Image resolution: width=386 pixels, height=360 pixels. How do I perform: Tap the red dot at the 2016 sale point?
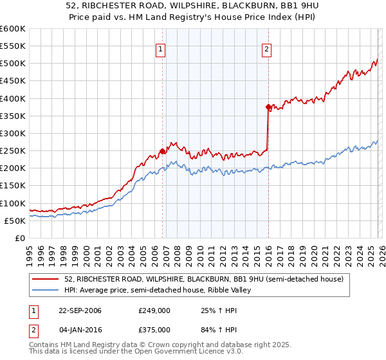tap(268, 107)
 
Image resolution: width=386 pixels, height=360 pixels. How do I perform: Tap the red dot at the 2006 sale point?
tap(162, 151)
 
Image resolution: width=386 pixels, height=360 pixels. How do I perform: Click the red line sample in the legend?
tap(46, 279)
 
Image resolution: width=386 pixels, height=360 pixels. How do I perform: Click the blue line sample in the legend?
tap(46, 290)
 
